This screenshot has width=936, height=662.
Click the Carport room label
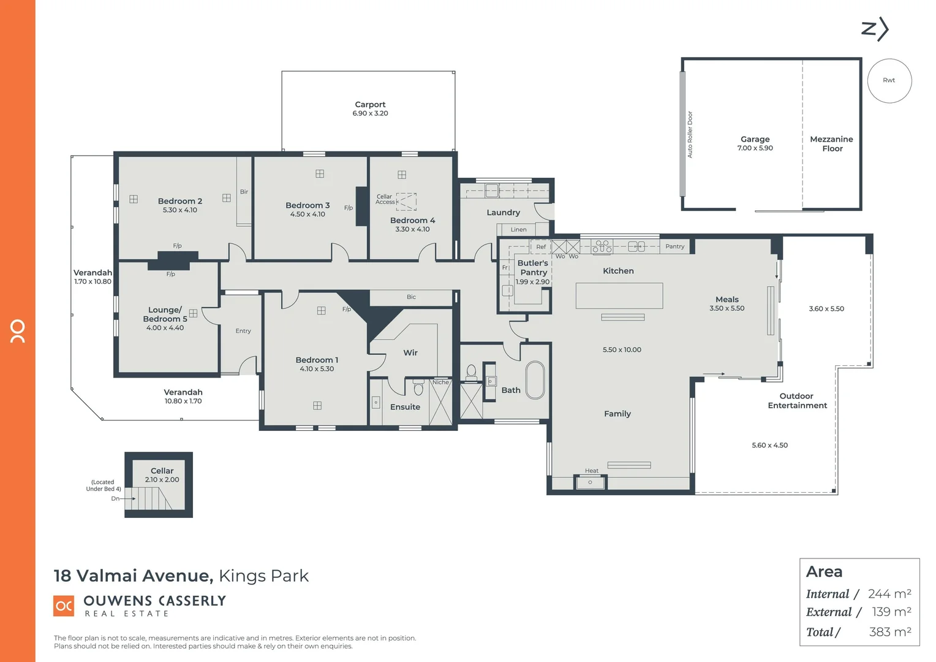[x=370, y=105]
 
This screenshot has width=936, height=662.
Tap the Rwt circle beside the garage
[x=889, y=81]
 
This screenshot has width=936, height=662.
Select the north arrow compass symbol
[x=875, y=29]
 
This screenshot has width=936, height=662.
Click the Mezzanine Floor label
[x=831, y=144]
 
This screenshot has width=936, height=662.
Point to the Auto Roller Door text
[x=690, y=135]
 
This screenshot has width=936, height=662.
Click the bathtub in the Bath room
[x=535, y=381]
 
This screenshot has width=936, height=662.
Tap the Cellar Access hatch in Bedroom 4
[x=406, y=202]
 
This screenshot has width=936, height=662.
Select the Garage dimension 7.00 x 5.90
[x=755, y=148]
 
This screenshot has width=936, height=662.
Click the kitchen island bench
[x=619, y=295]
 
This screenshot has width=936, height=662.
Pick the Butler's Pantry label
[x=533, y=267]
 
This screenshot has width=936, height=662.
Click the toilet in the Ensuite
[x=418, y=389]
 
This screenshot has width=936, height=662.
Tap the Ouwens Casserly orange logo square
[x=64, y=606]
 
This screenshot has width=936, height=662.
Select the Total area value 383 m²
[x=889, y=632]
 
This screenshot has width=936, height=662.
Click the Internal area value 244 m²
[x=889, y=594]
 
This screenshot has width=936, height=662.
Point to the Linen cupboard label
[x=518, y=230]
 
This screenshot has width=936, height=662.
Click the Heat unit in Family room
[x=591, y=482]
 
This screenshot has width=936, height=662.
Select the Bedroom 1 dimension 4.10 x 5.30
[x=317, y=369]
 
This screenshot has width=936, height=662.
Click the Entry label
[x=243, y=331]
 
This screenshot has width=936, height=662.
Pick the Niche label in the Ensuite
[x=440, y=382]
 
